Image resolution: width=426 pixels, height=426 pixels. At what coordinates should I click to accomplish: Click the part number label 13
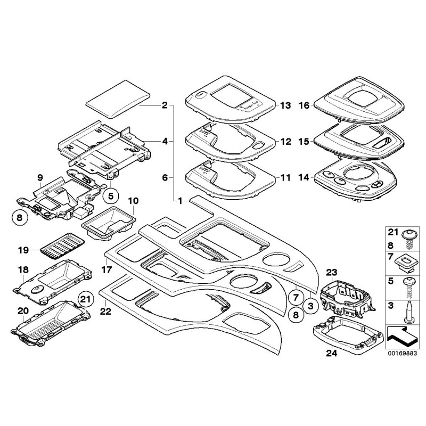coord(286,106)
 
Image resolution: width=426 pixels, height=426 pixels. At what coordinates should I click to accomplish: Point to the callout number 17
coord(106,270)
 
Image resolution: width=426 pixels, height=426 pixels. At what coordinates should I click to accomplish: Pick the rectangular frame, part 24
coord(349,335)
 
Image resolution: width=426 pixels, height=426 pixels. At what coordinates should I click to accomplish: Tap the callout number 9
coord(40,177)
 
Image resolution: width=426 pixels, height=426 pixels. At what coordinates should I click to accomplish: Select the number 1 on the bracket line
coord(181,201)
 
